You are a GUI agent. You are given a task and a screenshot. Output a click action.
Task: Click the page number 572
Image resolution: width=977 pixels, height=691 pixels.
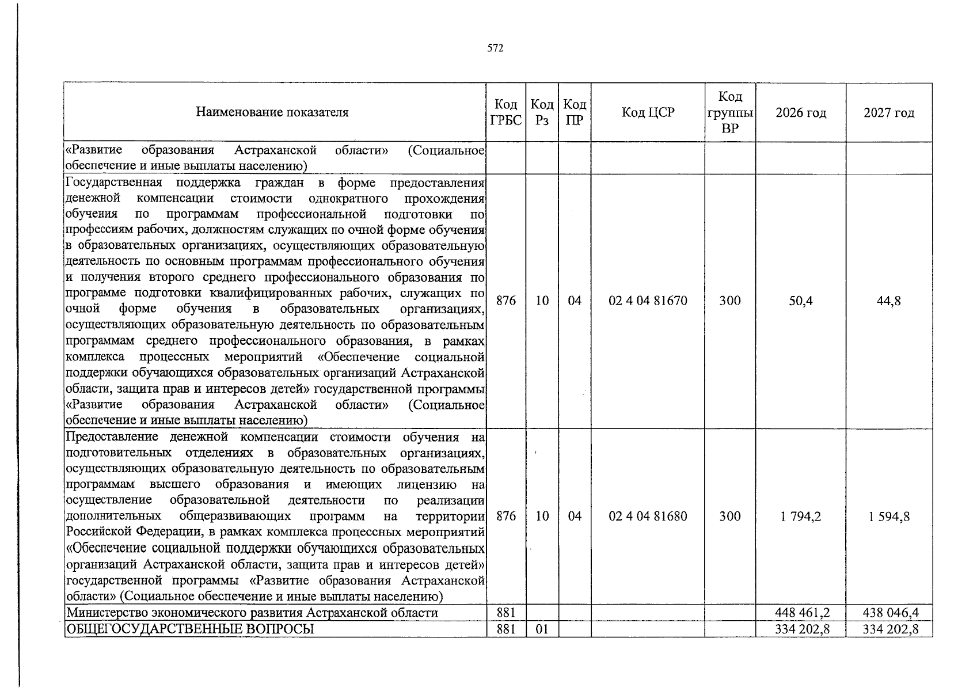click(495, 48)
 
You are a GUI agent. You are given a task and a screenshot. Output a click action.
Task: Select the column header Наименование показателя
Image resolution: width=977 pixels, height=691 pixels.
click(272, 112)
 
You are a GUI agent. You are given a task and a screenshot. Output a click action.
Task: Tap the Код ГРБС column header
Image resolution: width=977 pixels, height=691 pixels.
click(505, 112)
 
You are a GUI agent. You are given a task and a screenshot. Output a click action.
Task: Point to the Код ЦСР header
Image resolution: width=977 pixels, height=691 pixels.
click(648, 112)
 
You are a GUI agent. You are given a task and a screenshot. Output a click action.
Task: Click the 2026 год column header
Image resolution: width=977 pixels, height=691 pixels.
click(801, 113)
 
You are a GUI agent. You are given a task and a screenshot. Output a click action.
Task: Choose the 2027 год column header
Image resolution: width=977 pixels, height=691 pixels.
click(889, 113)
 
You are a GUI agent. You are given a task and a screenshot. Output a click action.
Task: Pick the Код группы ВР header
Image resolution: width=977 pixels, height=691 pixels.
click(730, 112)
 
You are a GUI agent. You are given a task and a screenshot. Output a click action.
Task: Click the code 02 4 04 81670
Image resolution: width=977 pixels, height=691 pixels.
click(648, 301)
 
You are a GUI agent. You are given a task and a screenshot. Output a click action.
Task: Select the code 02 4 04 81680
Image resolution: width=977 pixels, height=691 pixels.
click(648, 516)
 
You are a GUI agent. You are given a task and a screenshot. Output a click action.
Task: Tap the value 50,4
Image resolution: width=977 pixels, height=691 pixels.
click(801, 301)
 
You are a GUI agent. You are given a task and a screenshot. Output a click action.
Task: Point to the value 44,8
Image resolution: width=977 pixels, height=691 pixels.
click(889, 301)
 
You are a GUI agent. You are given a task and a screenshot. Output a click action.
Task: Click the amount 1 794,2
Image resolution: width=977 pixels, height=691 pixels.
click(801, 516)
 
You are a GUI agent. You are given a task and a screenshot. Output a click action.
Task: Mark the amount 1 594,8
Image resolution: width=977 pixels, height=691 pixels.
click(889, 516)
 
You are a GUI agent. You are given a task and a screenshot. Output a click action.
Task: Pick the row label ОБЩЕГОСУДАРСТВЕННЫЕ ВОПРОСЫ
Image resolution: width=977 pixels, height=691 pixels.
click(191, 629)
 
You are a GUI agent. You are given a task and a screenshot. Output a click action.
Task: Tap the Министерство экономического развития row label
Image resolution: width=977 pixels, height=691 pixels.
click(252, 612)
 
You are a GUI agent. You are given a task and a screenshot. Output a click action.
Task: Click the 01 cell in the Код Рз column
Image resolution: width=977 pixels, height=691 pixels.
click(542, 629)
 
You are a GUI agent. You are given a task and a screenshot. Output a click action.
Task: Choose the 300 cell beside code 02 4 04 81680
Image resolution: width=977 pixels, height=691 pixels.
click(730, 516)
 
